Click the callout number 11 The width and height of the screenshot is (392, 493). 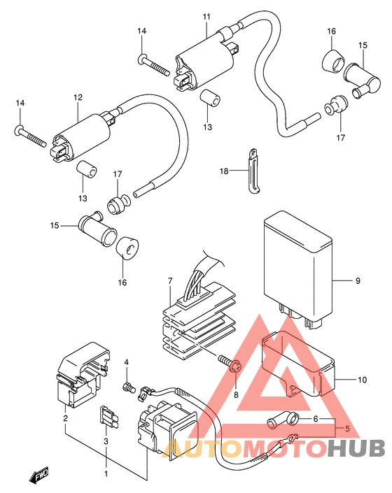tap(206, 16)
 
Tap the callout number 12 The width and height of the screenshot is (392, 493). tap(78, 97)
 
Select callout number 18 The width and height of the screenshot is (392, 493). tap(224, 171)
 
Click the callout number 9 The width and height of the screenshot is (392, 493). tap(358, 280)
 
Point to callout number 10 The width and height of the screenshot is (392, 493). tap(363, 380)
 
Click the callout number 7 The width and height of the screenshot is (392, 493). tap(170, 281)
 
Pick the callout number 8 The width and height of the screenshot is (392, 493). tap(236, 394)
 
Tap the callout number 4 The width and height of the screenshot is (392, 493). tap(127, 362)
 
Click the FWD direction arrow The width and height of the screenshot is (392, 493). tap(38, 474)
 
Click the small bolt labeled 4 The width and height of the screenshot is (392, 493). tap(128, 387)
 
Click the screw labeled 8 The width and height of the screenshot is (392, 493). tap(231, 364)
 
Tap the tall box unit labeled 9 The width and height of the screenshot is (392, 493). tap(298, 270)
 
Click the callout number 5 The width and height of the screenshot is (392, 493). tap(347, 429)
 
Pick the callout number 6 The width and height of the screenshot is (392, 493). tap(316, 418)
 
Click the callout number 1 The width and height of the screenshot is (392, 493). tap(106, 473)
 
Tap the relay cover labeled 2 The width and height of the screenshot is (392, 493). tap(83, 375)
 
